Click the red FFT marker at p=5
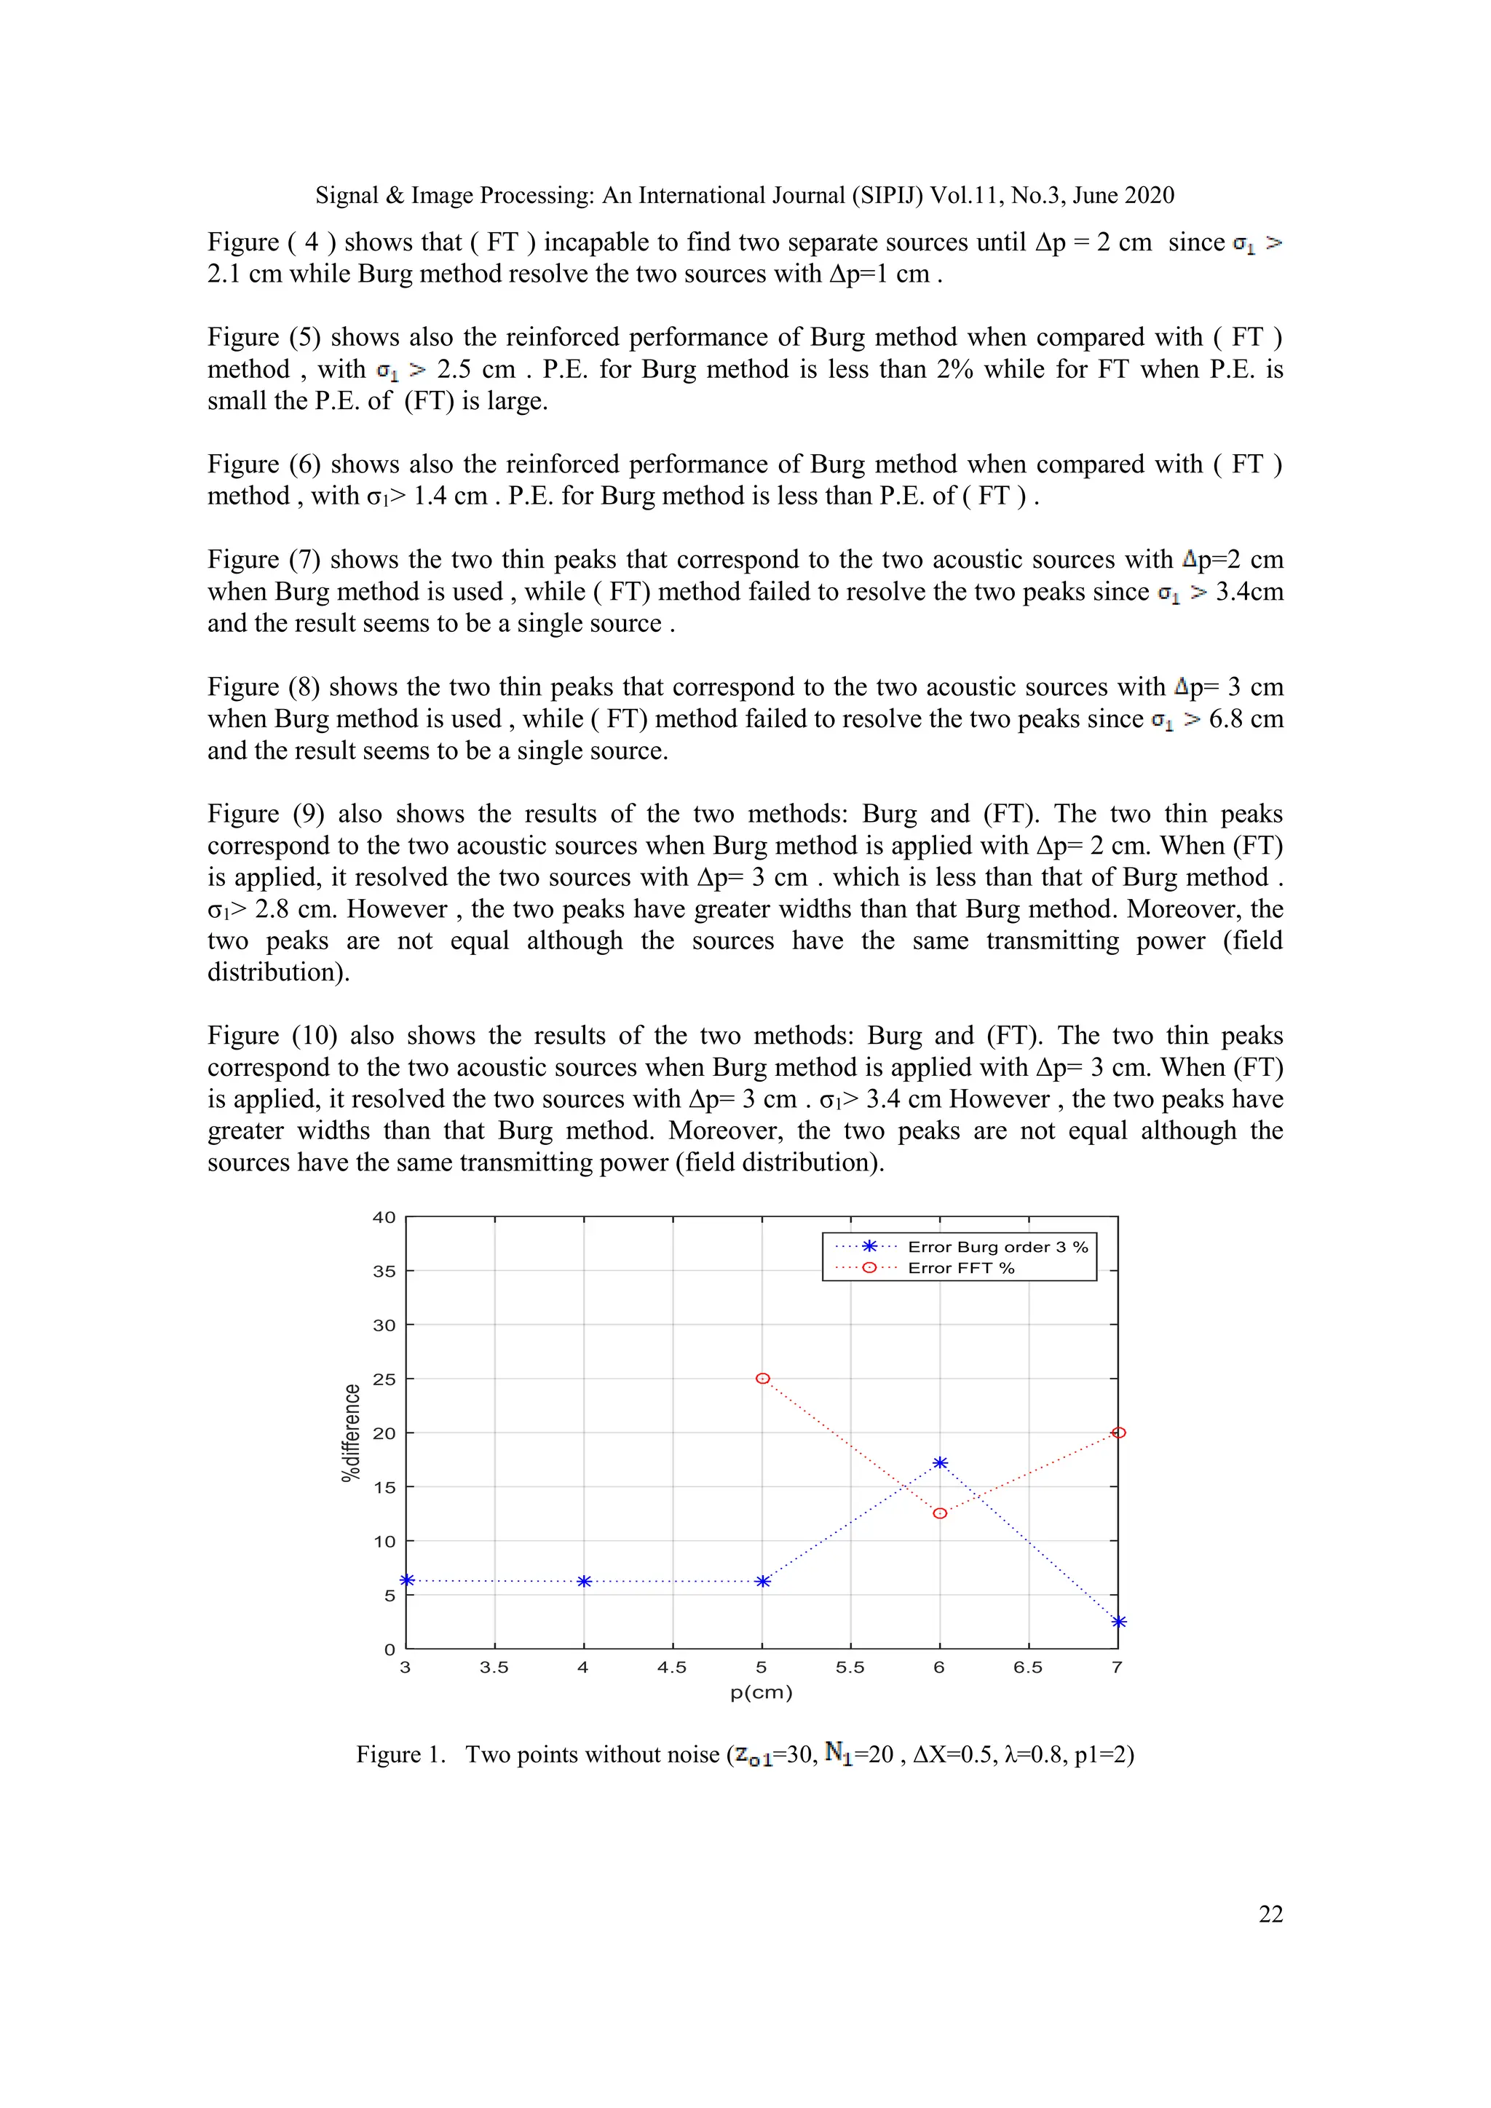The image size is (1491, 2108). point(762,1378)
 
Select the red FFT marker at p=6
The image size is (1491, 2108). point(939,1513)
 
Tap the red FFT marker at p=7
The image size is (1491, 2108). point(1118,1433)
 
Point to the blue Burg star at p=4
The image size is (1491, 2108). point(584,1581)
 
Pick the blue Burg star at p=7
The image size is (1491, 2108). point(1118,1621)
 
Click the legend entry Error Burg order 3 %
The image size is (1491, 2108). point(997,1247)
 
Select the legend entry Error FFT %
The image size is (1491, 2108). point(960,1268)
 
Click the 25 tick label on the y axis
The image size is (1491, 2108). point(384,1379)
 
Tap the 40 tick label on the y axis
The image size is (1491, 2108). point(384,1218)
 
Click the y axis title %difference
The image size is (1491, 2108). point(349,1433)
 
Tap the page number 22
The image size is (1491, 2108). point(1270,1914)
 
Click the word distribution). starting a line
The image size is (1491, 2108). point(278,972)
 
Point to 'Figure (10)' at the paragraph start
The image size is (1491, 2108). point(272,1036)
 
